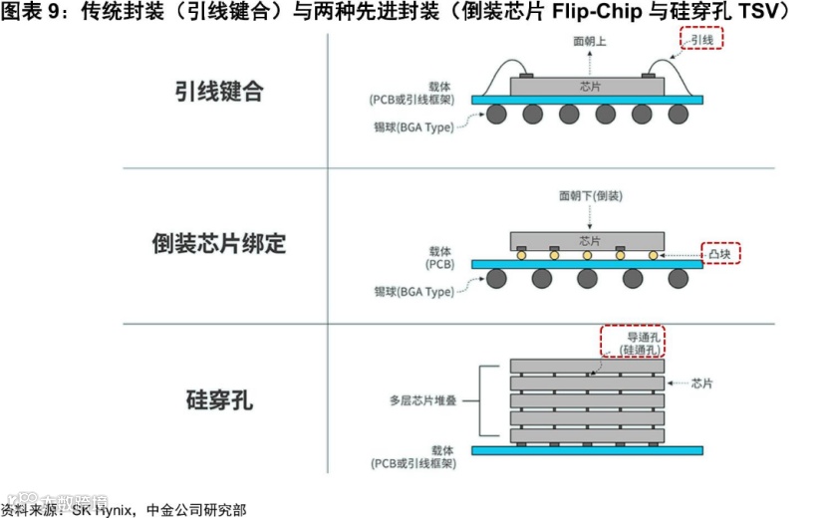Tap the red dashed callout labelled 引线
(x=701, y=40)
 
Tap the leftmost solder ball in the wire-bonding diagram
(x=497, y=115)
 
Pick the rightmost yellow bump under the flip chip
(x=653, y=256)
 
